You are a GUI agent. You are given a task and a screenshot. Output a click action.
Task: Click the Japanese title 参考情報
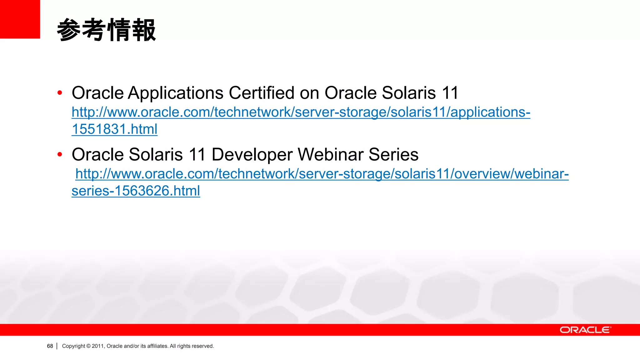coord(106,30)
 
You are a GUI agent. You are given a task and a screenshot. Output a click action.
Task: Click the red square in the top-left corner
coord(20,19)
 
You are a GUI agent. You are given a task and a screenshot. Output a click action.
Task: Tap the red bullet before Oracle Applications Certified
coord(60,93)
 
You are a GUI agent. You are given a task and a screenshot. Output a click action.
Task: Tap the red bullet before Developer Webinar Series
coord(60,154)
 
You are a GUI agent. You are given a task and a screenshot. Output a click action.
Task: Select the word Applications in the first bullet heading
coord(176,93)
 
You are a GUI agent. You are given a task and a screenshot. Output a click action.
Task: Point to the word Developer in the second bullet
coord(252,155)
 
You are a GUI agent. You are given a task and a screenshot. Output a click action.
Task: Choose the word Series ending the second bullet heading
coord(393,154)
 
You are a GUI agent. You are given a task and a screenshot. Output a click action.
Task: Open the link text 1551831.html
coord(114,129)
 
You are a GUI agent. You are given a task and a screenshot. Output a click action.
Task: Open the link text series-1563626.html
coord(136,191)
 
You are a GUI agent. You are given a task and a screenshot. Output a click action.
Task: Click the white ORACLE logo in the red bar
coord(585,330)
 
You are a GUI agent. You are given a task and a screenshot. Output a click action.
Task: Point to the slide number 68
coord(50,346)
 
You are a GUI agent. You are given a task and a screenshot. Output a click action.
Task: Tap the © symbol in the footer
coord(88,346)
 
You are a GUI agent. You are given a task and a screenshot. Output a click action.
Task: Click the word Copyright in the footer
coord(73,346)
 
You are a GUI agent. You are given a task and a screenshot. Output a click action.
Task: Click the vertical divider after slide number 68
coord(57,346)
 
